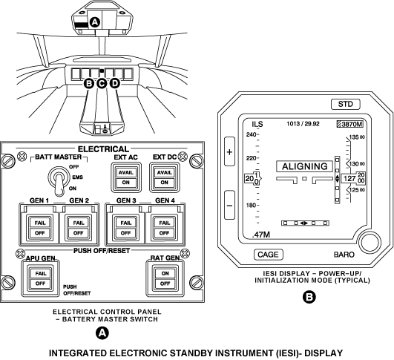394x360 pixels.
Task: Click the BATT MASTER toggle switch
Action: pos(58,180)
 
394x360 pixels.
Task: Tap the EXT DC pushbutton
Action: pos(164,177)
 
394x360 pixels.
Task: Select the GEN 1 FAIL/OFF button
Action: pos(40,228)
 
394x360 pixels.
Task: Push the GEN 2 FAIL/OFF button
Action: pos(79,228)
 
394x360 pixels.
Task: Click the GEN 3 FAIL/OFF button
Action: pos(125,228)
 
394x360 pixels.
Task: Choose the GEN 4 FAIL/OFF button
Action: pos(164,228)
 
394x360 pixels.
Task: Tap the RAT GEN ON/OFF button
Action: pos(165,278)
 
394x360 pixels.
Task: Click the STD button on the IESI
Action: pos(346,104)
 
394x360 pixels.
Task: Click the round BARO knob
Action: pos(370,243)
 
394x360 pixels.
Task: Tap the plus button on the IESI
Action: pos(229,151)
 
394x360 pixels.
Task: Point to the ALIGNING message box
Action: pos(304,166)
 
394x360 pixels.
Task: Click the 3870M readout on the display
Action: pos(350,124)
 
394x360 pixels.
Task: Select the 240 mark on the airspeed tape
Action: pos(251,134)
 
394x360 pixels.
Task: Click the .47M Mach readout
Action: pos(261,235)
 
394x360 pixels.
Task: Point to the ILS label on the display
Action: pos(257,124)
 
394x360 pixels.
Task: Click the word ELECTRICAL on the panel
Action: pos(103,149)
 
